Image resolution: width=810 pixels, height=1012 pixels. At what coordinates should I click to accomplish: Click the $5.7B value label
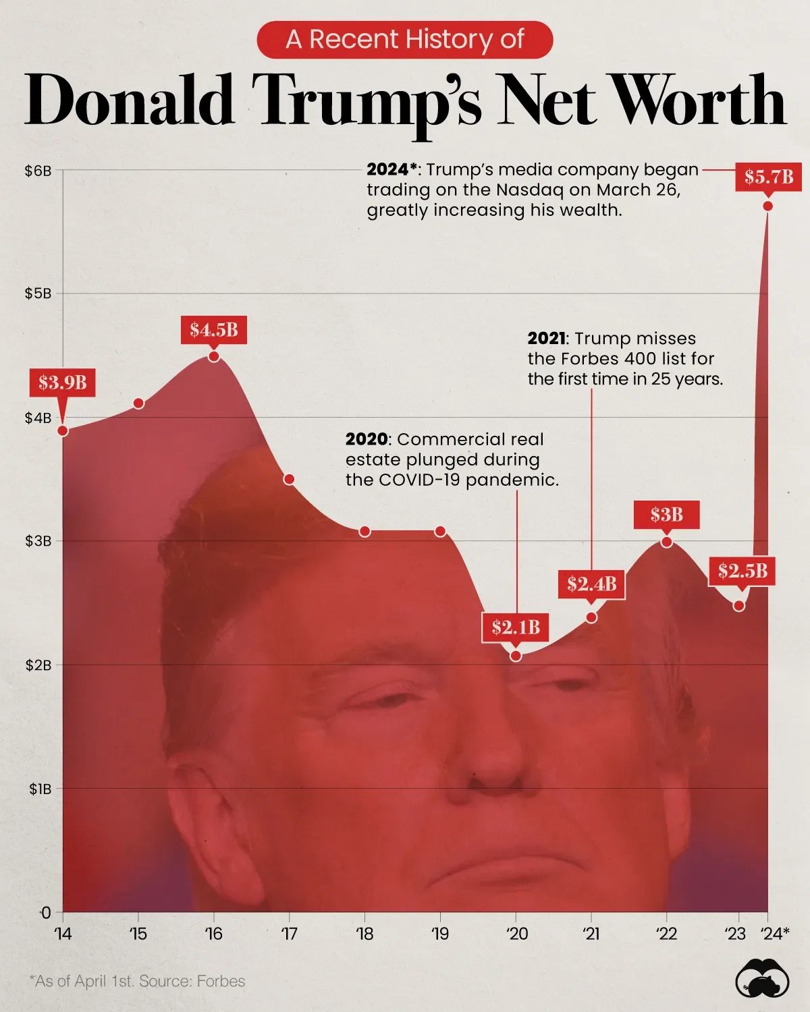(x=768, y=177)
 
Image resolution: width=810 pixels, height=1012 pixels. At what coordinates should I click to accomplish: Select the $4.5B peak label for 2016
(x=213, y=329)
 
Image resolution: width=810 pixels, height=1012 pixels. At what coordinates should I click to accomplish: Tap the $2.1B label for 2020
(x=516, y=627)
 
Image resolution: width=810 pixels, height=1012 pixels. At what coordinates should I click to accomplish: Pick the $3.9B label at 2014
(x=62, y=383)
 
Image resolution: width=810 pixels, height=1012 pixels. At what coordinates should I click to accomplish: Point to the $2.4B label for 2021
(x=591, y=584)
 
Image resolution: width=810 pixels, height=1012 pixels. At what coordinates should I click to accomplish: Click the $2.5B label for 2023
(x=742, y=571)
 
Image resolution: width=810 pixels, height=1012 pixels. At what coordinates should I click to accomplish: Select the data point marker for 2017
(x=289, y=479)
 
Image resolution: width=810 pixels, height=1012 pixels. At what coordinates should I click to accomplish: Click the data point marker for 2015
(x=138, y=403)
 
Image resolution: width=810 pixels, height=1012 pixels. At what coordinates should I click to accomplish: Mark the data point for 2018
(x=364, y=532)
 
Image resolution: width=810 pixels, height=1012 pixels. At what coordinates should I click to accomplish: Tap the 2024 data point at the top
(x=767, y=206)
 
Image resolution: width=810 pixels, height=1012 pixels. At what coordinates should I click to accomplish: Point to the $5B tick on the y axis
(x=38, y=293)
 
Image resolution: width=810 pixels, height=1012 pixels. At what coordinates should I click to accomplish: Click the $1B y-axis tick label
(x=40, y=789)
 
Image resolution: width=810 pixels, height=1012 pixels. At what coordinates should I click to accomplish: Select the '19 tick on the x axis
(x=439, y=934)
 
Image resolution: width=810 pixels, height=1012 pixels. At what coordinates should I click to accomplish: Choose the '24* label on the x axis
(x=775, y=934)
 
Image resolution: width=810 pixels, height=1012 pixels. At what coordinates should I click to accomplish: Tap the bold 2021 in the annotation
(x=547, y=339)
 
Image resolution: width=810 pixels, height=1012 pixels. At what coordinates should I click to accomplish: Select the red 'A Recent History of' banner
(x=405, y=40)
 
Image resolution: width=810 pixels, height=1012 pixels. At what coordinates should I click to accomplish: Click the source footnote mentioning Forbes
(x=137, y=981)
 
